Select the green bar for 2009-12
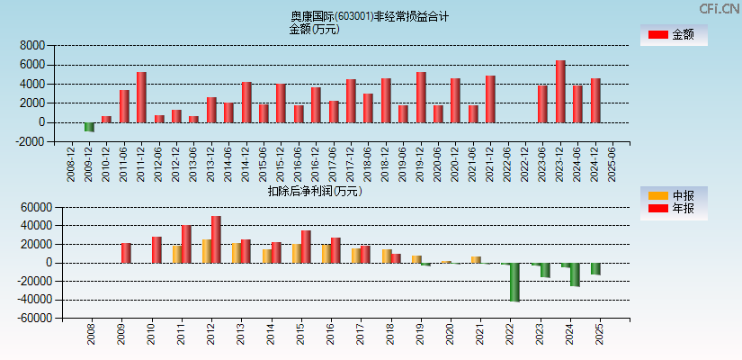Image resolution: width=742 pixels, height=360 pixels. point(89,127)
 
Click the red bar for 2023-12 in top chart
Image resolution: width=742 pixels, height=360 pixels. point(560,91)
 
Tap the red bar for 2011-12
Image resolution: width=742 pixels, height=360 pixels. point(141,97)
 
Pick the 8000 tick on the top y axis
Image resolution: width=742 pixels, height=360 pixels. point(32,45)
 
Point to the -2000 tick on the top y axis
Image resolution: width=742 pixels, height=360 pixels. point(31,141)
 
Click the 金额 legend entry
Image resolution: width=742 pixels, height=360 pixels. point(674,34)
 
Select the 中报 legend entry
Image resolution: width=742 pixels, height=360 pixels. point(674,195)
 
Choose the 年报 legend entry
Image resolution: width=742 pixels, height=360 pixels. point(674,209)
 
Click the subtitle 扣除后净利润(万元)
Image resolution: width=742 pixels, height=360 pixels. point(315,191)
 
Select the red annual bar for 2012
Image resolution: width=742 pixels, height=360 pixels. point(216,239)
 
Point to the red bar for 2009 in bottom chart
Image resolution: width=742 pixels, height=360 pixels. point(127,253)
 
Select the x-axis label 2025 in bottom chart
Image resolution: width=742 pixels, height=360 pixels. point(600,335)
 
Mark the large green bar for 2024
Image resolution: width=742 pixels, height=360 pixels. point(575,274)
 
